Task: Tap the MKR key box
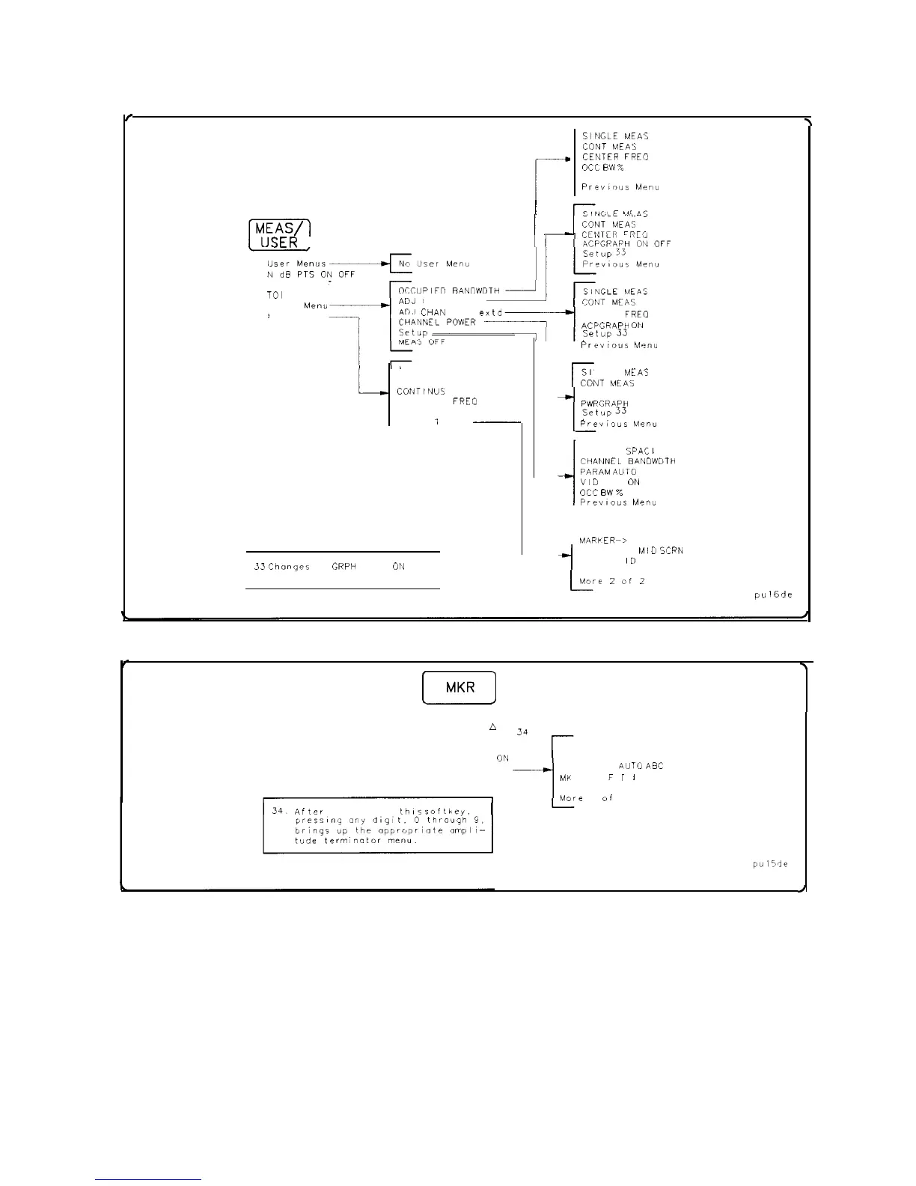click(459, 687)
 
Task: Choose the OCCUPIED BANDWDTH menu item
click(449, 290)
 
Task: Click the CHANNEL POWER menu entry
click(437, 322)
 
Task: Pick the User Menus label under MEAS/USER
click(296, 264)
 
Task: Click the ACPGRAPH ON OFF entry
click(626, 244)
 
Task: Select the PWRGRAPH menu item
click(605, 403)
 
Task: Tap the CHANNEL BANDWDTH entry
click(627, 461)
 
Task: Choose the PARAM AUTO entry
click(608, 472)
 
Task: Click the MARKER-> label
click(602, 540)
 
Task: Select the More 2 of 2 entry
click(611, 581)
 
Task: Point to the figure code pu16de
click(773, 595)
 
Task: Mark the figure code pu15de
click(770, 863)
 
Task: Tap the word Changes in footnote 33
click(289, 567)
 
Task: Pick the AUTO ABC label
click(641, 766)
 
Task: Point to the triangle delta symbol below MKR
click(493, 727)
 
